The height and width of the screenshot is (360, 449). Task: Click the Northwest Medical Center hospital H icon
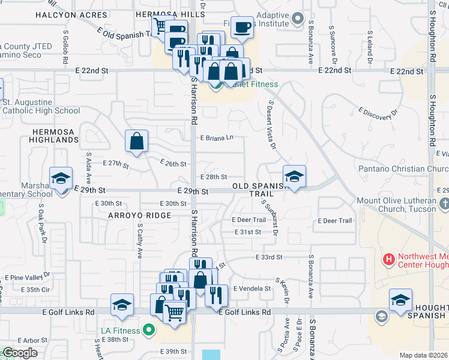pyautogui.click(x=389, y=260)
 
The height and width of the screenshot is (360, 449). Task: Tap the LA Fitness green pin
pyautogui.click(x=149, y=331)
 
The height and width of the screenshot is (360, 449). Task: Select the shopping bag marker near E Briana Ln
pyautogui.click(x=137, y=142)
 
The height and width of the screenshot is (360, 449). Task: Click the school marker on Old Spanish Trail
pyautogui.click(x=294, y=176)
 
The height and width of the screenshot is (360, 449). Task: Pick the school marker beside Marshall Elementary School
pyautogui.click(x=61, y=178)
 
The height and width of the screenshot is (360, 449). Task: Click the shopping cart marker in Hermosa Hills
pyautogui.click(x=160, y=26)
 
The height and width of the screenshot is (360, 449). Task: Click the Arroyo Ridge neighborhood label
pyautogui.click(x=140, y=215)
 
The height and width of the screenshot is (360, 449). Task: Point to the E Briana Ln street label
pyautogui.click(x=215, y=138)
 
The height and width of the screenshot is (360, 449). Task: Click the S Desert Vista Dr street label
pyautogui.click(x=271, y=124)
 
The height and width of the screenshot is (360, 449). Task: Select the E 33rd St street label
pyautogui.click(x=268, y=257)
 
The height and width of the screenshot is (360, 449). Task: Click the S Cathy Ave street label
pyautogui.click(x=139, y=241)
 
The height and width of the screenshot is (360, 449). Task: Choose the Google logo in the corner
pyautogui.click(x=19, y=353)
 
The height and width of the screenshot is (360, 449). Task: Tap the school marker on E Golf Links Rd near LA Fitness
pyautogui.click(x=122, y=305)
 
